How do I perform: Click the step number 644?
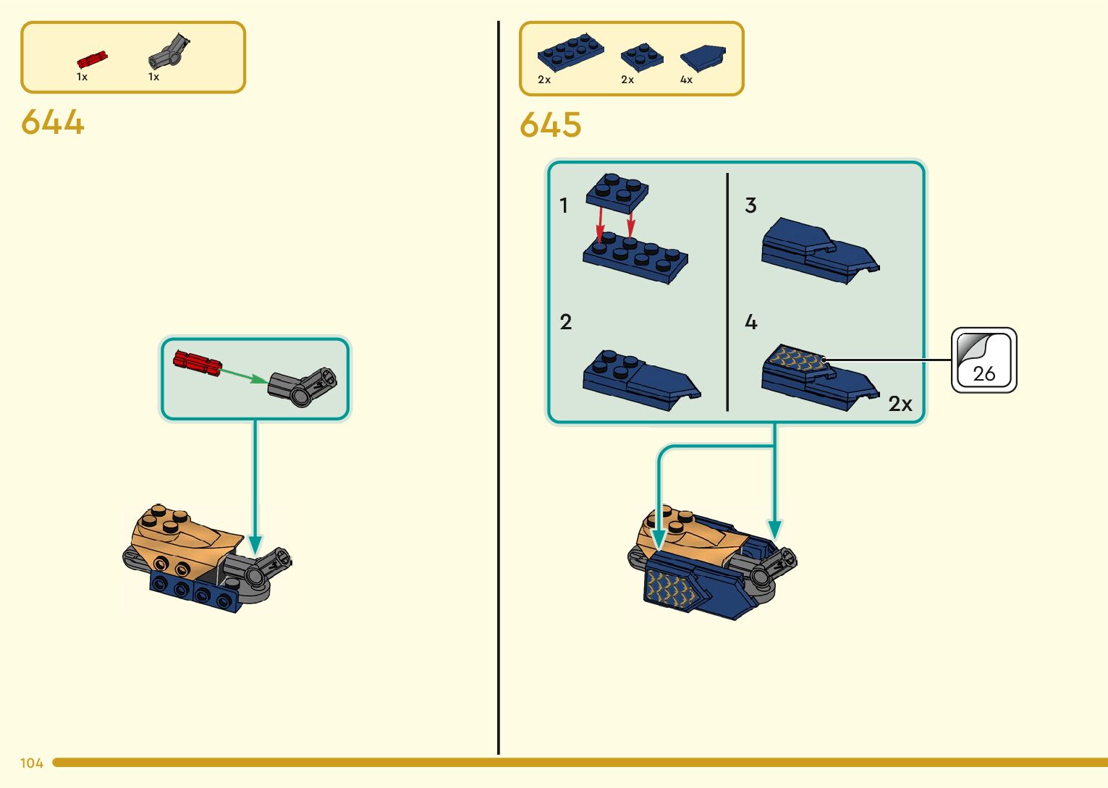click(x=53, y=122)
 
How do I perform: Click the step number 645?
click(x=551, y=124)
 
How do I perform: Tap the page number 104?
click(x=32, y=763)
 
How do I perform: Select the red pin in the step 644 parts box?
click(x=92, y=59)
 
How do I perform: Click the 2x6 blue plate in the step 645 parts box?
click(x=570, y=51)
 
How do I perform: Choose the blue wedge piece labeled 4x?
click(x=703, y=56)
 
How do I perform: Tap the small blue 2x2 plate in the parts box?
click(x=641, y=56)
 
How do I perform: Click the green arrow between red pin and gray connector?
click(x=243, y=375)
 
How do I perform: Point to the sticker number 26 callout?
click(x=984, y=360)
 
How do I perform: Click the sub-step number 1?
click(x=564, y=206)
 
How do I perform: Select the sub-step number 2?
click(x=565, y=321)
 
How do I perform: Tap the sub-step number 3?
click(x=750, y=206)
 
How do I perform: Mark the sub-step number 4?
click(x=750, y=321)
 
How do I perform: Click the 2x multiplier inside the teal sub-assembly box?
click(x=900, y=404)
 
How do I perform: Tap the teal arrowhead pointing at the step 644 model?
click(x=255, y=544)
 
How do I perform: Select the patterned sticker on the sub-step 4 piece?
click(x=795, y=357)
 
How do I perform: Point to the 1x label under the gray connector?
click(x=153, y=77)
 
